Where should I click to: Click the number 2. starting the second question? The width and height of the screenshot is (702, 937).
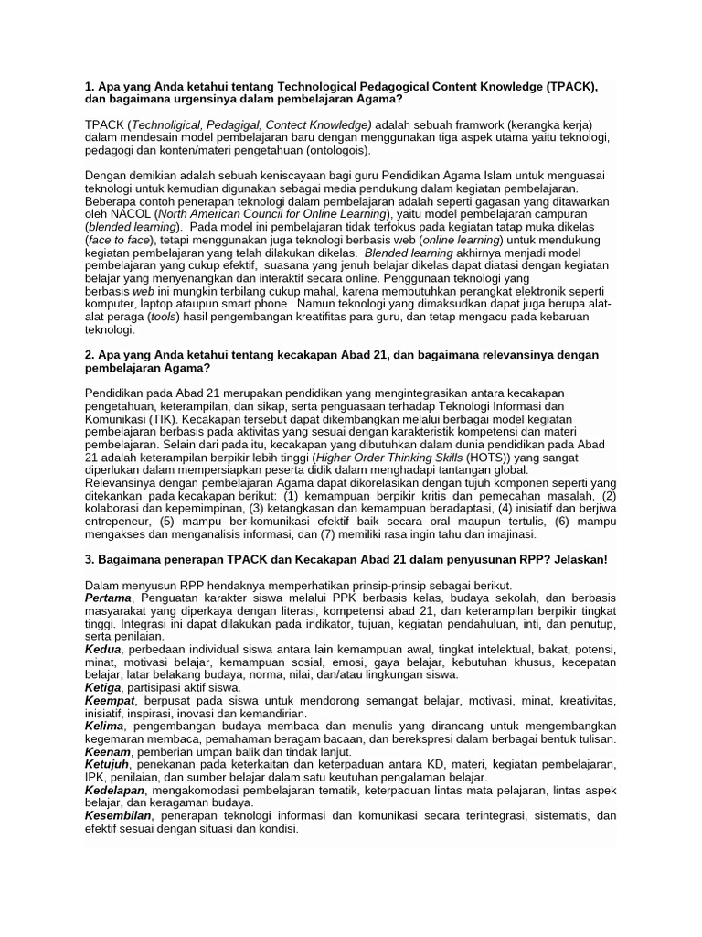tap(90, 354)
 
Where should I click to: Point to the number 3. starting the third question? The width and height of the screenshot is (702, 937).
tap(90, 558)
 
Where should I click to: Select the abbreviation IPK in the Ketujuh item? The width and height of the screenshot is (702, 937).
tap(96, 776)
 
